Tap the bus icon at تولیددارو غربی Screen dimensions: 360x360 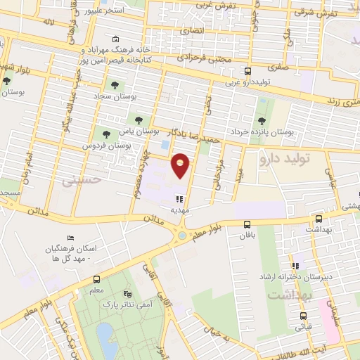coord(247,72)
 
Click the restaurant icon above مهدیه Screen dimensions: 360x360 coord(181,199)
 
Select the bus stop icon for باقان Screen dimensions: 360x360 coord(246,224)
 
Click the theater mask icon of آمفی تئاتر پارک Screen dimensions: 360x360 coord(127,294)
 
